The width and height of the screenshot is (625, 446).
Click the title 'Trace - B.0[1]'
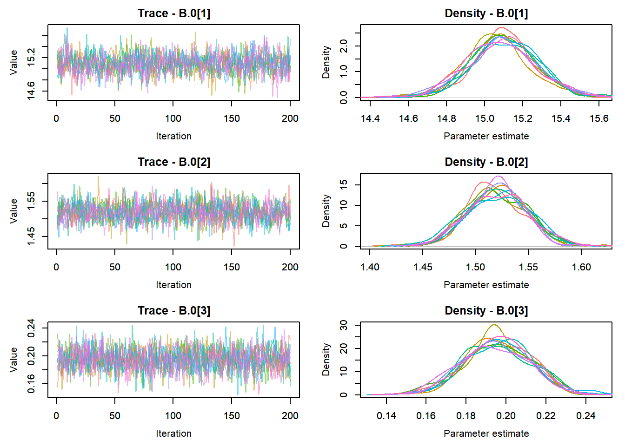pyautogui.click(x=173, y=13)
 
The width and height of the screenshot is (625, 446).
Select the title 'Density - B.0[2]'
pyautogui.click(x=486, y=162)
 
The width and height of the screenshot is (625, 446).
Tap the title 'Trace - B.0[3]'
pyautogui.click(x=173, y=311)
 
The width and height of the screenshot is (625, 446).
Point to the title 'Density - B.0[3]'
pyautogui.click(x=486, y=311)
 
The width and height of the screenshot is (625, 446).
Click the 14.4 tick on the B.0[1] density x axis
pyautogui.click(x=370, y=118)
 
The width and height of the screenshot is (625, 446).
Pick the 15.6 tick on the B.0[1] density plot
pyautogui.click(x=599, y=118)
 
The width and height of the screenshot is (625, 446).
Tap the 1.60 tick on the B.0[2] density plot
pyautogui.click(x=581, y=267)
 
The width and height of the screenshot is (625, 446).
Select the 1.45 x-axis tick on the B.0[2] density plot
pyautogui.click(x=423, y=267)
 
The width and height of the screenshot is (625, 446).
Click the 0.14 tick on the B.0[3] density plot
pyautogui.click(x=386, y=416)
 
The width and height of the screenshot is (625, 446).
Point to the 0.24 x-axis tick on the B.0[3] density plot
pyautogui.click(x=586, y=416)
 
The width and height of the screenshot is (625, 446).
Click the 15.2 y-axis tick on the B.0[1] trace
pyautogui.click(x=31, y=58)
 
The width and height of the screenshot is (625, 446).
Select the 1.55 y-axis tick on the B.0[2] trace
pyautogui.click(x=31, y=201)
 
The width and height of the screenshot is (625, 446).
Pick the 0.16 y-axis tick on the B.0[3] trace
pyautogui.click(x=31, y=384)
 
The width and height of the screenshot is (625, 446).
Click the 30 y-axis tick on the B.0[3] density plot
pyautogui.click(x=344, y=325)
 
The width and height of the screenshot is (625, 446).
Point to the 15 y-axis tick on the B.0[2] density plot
pyautogui.click(x=344, y=184)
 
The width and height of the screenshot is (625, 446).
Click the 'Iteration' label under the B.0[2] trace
pyautogui.click(x=173, y=285)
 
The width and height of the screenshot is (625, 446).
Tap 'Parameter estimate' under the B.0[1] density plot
pyautogui.click(x=486, y=136)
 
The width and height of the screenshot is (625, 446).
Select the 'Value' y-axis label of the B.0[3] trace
pyautogui.click(x=13, y=359)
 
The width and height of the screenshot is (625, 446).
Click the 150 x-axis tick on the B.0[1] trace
pyautogui.click(x=232, y=118)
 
